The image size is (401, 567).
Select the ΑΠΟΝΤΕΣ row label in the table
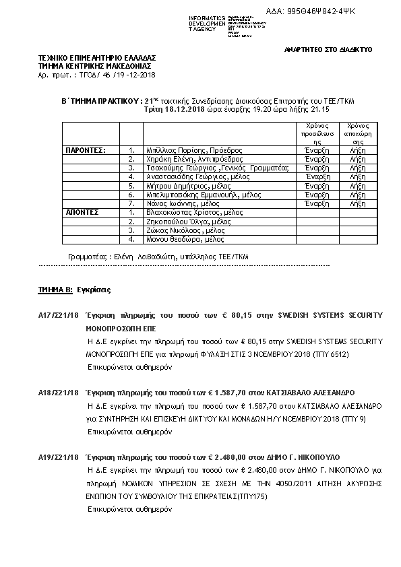pyautogui.click(x=82, y=212)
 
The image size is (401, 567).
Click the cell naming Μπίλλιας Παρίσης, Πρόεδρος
pyautogui.click(x=189, y=150)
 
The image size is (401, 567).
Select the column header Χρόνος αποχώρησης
pyautogui.click(x=358, y=133)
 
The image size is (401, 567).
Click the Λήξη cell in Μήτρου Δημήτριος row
pyautogui.click(x=358, y=185)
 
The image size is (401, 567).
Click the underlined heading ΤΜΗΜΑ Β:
pyautogui.click(x=55, y=288)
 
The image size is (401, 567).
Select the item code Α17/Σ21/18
pyautogui.click(x=59, y=315)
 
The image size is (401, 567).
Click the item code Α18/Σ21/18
pyautogui.click(x=59, y=392)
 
